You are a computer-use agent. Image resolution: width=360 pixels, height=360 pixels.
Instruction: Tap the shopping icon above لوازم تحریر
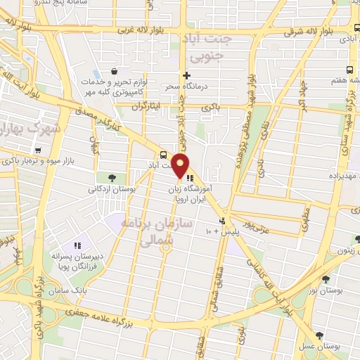point(115,71)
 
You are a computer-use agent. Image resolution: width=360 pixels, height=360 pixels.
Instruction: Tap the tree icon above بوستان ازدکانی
point(111,177)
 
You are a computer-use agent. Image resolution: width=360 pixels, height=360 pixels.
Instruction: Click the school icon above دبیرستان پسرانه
point(77,245)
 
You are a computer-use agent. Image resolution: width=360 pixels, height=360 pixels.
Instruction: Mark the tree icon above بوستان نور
point(325,279)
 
